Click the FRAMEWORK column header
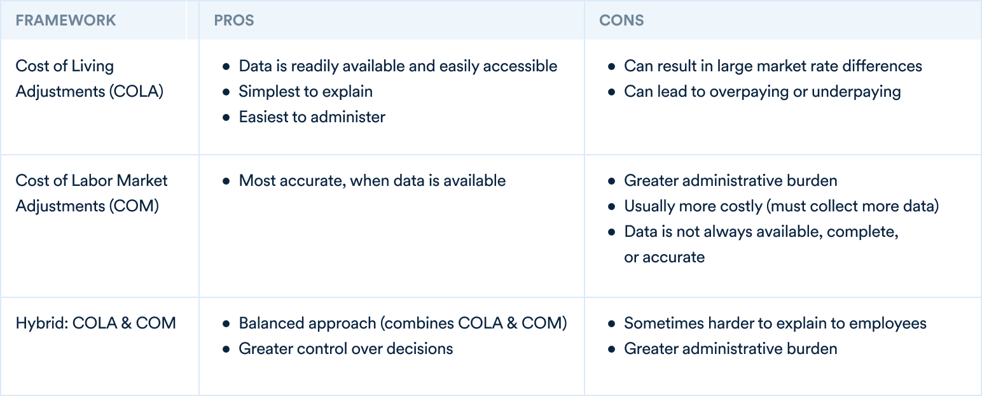(x=66, y=20)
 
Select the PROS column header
(x=234, y=20)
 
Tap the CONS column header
(x=621, y=20)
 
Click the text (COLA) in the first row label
(x=136, y=91)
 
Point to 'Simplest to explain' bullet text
(x=305, y=91)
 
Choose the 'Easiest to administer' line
(x=312, y=117)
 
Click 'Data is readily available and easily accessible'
(x=398, y=66)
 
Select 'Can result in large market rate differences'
(x=773, y=66)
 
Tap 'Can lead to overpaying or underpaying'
(x=763, y=91)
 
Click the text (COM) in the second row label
(x=134, y=206)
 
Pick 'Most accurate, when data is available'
(x=372, y=180)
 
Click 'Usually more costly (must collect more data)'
(x=782, y=206)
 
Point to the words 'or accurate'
(x=665, y=257)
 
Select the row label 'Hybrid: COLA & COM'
(x=95, y=323)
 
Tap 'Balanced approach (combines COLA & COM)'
(x=403, y=323)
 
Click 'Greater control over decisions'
(x=346, y=349)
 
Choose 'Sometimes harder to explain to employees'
(x=775, y=323)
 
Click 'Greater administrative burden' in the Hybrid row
(x=731, y=349)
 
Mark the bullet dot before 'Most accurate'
(x=226, y=181)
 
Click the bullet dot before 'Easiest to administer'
(x=226, y=117)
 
